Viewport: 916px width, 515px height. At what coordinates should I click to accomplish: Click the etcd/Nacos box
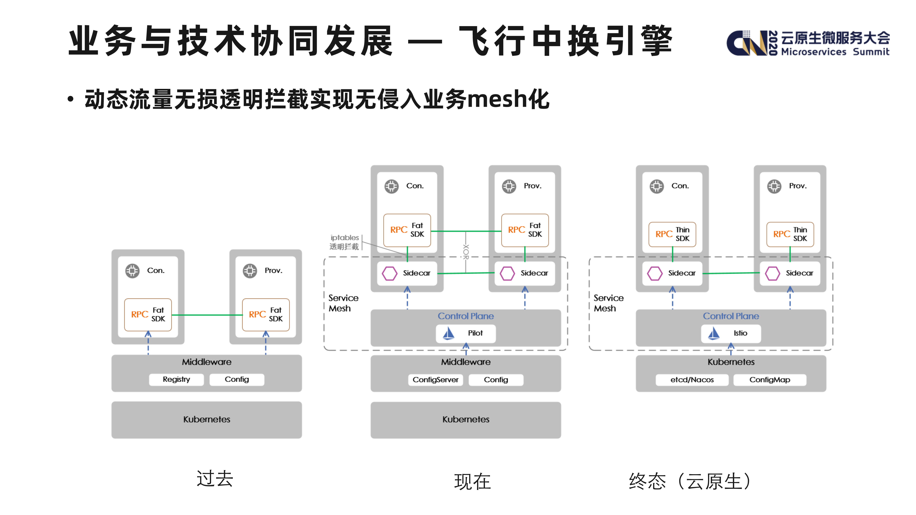[x=692, y=380]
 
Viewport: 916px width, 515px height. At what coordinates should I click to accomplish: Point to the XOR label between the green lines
[x=466, y=252]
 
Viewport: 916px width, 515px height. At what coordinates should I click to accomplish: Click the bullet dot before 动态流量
[x=71, y=99]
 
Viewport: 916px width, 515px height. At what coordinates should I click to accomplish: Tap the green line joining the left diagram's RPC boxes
[x=207, y=315]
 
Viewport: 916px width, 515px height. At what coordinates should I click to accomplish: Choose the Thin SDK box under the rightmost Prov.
[x=790, y=234]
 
